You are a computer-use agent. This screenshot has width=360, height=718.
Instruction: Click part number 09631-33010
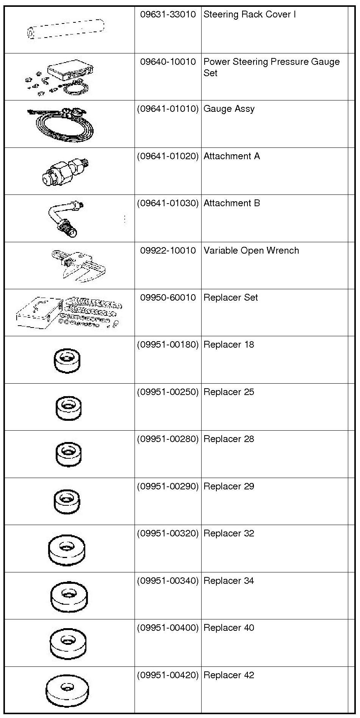pyautogui.click(x=168, y=15)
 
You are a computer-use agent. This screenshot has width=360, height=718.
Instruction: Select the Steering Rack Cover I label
pyautogui.click(x=249, y=15)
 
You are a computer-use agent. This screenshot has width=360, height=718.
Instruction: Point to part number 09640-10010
pyautogui.click(x=168, y=62)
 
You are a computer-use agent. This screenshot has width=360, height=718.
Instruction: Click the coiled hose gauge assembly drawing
pyautogui.click(x=62, y=124)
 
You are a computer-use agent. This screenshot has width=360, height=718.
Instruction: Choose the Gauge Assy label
pyautogui.click(x=229, y=109)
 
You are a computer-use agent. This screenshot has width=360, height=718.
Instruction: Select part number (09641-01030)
pyautogui.click(x=168, y=203)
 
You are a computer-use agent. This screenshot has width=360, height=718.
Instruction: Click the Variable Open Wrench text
pyautogui.click(x=251, y=251)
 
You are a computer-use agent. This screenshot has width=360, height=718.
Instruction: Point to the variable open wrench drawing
pyautogui.click(x=78, y=265)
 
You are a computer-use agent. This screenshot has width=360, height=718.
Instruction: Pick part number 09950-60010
pyautogui.click(x=168, y=298)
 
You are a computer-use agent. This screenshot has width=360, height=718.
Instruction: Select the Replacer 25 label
pyautogui.click(x=229, y=392)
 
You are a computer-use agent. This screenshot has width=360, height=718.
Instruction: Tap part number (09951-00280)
pyautogui.click(x=168, y=439)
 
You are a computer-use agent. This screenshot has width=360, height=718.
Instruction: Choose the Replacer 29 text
pyautogui.click(x=229, y=486)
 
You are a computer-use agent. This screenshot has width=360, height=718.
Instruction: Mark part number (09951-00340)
pyautogui.click(x=168, y=581)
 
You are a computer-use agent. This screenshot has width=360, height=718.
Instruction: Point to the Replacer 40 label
pyautogui.click(x=229, y=628)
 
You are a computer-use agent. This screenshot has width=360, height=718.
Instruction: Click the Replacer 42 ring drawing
pyautogui.click(x=67, y=690)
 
